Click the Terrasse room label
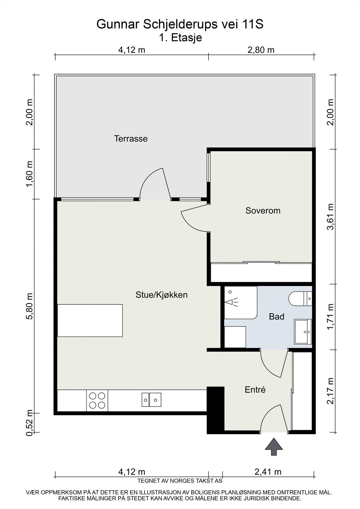[x=131, y=139]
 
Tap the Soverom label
[x=263, y=211]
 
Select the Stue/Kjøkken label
[x=161, y=295]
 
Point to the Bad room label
[x=277, y=317]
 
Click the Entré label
[x=255, y=390]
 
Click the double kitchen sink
[x=152, y=400]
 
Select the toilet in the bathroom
[x=300, y=299]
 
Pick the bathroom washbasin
[x=303, y=331]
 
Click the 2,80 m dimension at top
[x=261, y=50]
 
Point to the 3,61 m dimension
[x=330, y=217]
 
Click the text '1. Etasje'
[x=180, y=38]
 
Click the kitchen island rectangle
[x=90, y=320]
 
